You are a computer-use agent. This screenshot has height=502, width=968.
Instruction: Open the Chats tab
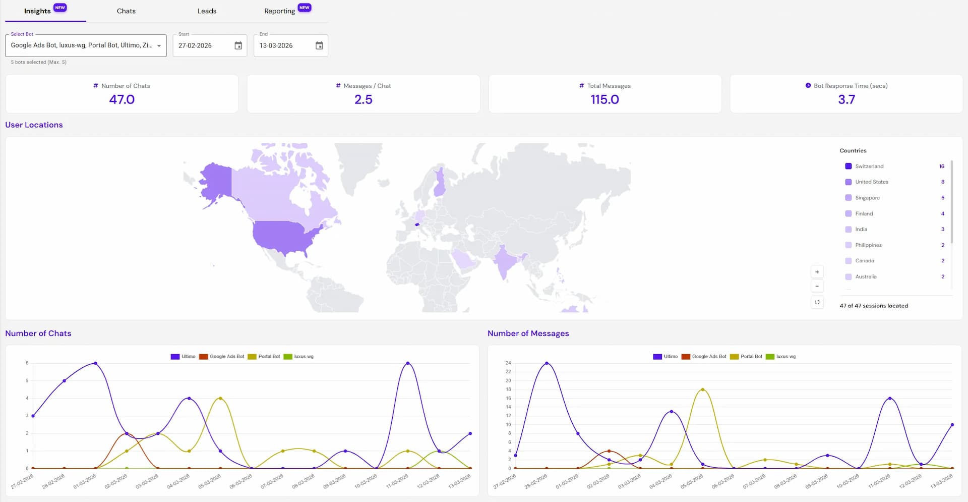[126, 11]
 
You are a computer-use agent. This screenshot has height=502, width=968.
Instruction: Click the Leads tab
[207, 11]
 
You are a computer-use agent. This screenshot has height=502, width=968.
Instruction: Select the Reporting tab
[280, 11]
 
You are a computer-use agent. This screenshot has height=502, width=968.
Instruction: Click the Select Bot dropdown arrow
[159, 46]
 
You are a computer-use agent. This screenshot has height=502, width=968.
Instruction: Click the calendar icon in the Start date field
[238, 46]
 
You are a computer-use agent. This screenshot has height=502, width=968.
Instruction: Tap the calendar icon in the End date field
[319, 46]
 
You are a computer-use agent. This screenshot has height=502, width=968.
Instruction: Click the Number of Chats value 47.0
[122, 99]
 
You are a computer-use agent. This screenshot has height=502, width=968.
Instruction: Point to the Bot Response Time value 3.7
[846, 99]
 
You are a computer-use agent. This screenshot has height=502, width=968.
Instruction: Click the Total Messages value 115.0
[604, 99]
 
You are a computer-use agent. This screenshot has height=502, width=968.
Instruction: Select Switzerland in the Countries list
[869, 166]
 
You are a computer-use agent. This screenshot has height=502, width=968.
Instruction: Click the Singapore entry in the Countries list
[867, 198]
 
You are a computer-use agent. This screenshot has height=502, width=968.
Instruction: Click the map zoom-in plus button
[817, 272]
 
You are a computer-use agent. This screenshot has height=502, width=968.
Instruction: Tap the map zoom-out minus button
[817, 286]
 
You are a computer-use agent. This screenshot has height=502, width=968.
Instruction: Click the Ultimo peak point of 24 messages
[547, 363]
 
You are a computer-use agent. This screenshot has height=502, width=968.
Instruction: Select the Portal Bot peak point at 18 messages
[703, 389]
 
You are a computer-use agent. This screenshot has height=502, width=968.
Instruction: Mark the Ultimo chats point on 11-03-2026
[408, 363]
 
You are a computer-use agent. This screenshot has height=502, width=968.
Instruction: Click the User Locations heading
[34, 125]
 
